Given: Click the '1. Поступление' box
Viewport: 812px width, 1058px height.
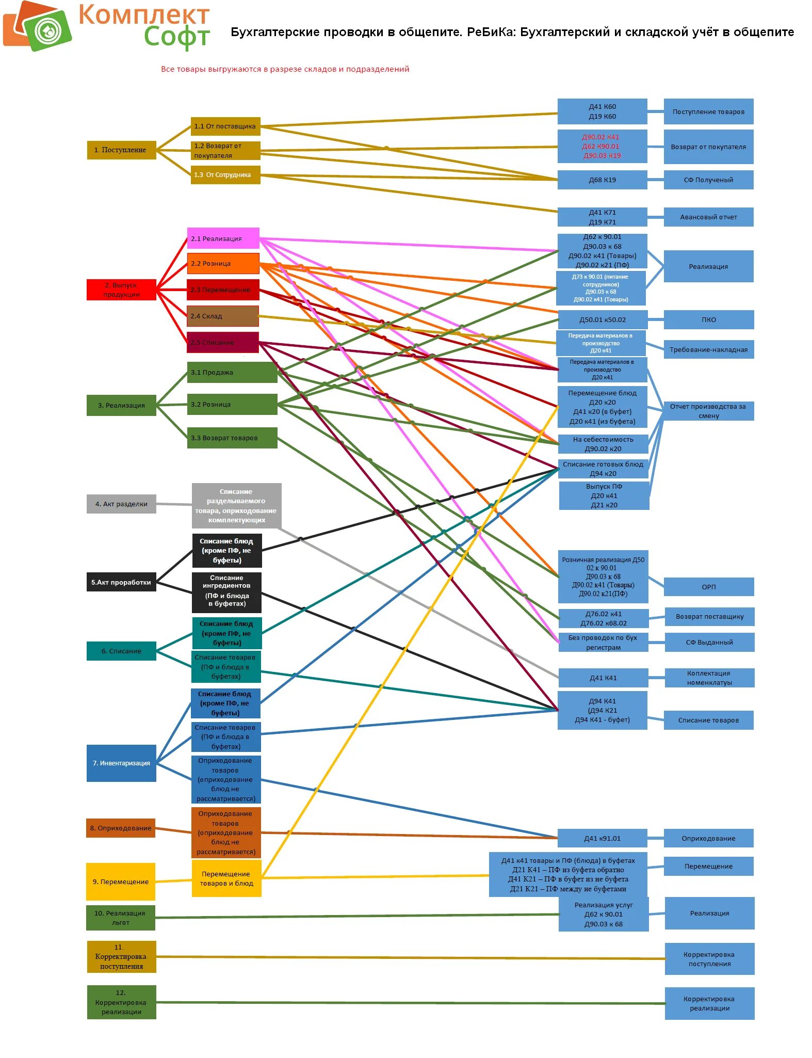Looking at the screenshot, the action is tap(121, 150).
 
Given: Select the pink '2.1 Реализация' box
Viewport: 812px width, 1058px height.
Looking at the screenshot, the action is tap(223, 238).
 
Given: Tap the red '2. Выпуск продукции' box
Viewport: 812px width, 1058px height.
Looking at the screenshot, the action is tap(121, 290).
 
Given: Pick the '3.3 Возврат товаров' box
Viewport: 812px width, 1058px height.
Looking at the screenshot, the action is tap(232, 438).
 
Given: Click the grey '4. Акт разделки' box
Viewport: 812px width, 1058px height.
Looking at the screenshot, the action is tap(121, 504).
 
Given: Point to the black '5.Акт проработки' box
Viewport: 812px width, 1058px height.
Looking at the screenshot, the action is tap(121, 582).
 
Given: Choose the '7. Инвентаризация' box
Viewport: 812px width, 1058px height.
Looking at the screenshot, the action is tap(121, 763).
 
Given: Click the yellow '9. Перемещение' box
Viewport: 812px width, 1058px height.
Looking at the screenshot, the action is tap(121, 881).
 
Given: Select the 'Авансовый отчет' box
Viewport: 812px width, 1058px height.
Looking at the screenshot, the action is tap(708, 217).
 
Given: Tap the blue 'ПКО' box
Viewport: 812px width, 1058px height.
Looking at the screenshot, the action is tap(708, 319).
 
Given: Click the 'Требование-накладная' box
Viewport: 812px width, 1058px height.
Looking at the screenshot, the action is tap(708, 349).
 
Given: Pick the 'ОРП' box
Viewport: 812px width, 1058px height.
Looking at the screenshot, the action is tap(708, 587).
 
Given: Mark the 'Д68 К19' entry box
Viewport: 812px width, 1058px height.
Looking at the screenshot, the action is tap(602, 180).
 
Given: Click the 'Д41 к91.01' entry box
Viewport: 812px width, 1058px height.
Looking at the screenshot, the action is tap(602, 838).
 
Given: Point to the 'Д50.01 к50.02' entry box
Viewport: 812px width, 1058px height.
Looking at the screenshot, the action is tap(602, 319).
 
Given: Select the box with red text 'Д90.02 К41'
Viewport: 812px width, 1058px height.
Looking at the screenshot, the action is tap(602, 146).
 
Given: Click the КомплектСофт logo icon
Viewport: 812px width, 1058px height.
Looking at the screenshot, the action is tap(39, 27).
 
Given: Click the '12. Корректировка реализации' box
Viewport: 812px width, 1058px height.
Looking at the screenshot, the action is tap(121, 1002).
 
